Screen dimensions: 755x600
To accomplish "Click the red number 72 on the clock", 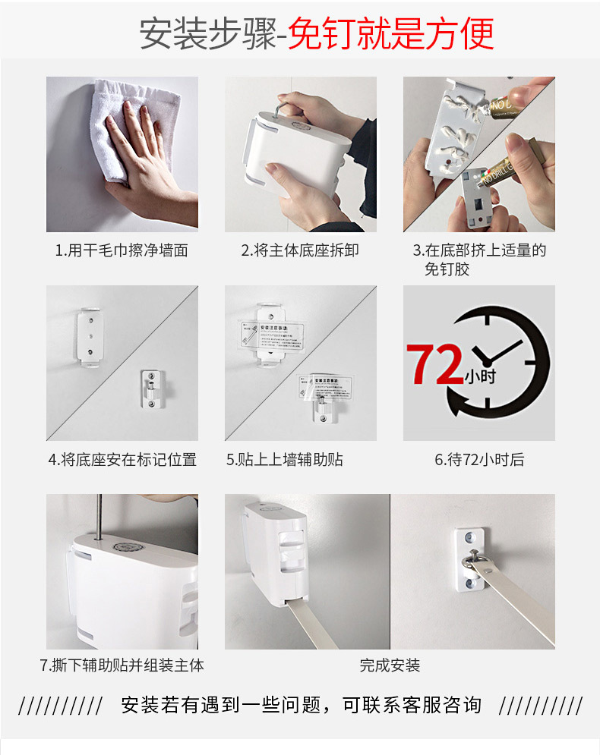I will [x=436, y=363].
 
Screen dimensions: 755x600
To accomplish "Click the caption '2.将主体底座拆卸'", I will [x=300, y=250].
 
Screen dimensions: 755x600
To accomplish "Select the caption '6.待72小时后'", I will [x=478, y=459].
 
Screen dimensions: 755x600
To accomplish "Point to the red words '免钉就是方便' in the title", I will [x=393, y=33].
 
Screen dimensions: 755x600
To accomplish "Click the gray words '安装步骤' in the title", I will [x=206, y=33].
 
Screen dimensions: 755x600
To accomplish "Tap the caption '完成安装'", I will [x=390, y=665].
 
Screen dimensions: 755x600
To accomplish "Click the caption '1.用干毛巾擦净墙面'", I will [x=122, y=250].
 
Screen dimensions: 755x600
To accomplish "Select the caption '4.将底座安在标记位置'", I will [x=122, y=459].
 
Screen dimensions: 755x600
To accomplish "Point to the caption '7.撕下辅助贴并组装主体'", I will [x=122, y=665].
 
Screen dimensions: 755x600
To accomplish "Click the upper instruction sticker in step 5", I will [x=271, y=332].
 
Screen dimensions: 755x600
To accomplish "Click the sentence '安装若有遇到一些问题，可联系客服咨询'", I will [x=301, y=705].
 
